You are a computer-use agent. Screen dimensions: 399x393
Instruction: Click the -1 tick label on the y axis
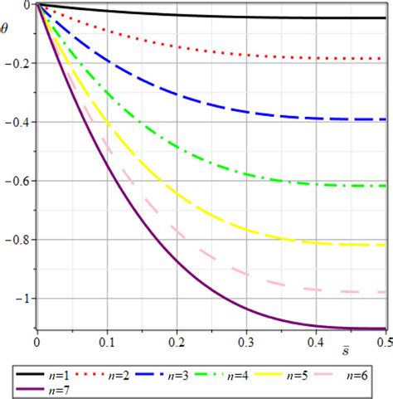(x=22, y=299)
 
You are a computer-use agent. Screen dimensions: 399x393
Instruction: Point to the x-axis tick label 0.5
(x=383, y=342)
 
